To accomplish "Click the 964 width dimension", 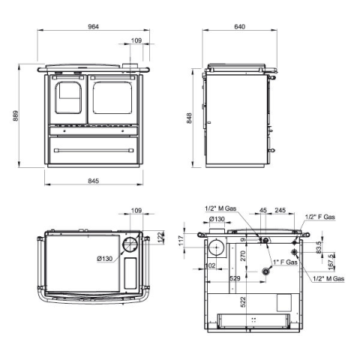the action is [94, 26].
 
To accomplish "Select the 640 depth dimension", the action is [240, 26].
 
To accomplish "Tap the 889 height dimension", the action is [16, 115].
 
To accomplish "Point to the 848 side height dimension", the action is [189, 118].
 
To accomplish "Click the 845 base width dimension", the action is [94, 181].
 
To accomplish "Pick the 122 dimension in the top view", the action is [160, 237].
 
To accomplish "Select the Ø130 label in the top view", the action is [105, 259].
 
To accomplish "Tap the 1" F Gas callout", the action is [285, 262].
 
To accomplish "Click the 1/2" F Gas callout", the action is [320, 217].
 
